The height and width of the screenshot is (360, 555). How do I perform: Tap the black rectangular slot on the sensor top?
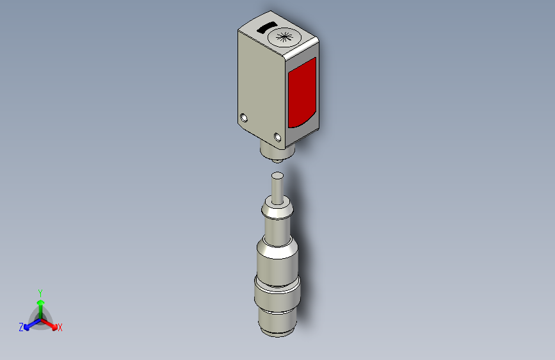[267, 28]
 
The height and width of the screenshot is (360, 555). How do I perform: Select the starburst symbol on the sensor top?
[284, 37]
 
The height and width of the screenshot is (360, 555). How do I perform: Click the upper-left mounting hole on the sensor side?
[243, 118]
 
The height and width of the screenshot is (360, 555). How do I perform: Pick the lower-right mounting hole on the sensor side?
[278, 137]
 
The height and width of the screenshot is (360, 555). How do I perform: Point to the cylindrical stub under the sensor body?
[277, 152]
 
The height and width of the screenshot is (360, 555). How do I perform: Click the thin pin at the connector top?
[277, 188]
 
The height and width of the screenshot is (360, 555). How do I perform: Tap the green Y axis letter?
[40, 293]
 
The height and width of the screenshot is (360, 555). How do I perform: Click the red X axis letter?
[60, 328]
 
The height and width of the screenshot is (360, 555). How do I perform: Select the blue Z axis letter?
[21, 327]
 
